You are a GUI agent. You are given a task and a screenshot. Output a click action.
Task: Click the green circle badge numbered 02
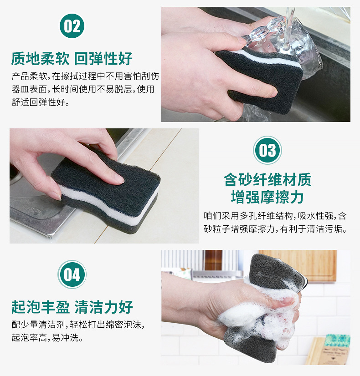(x=72, y=25)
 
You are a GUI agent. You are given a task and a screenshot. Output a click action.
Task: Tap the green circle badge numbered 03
(x=267, y=150)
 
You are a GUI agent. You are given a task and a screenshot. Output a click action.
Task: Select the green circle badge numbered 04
(x=72, y=274)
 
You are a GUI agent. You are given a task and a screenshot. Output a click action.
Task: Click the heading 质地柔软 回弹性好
(x=72, y=58)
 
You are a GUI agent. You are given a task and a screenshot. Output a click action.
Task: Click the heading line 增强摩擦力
(x=267, y=198)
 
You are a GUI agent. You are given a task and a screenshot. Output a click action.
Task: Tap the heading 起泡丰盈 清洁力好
(x=72, y=307)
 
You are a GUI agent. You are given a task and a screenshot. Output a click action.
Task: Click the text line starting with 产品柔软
(x=85, y=76)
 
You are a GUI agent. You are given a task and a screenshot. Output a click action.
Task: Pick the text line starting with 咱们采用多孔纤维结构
(x=275, y=215)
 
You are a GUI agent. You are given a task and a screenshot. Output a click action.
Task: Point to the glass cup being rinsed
(x=292, y=41)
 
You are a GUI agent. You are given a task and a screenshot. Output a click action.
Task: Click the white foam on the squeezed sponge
(x=255, y=314)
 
